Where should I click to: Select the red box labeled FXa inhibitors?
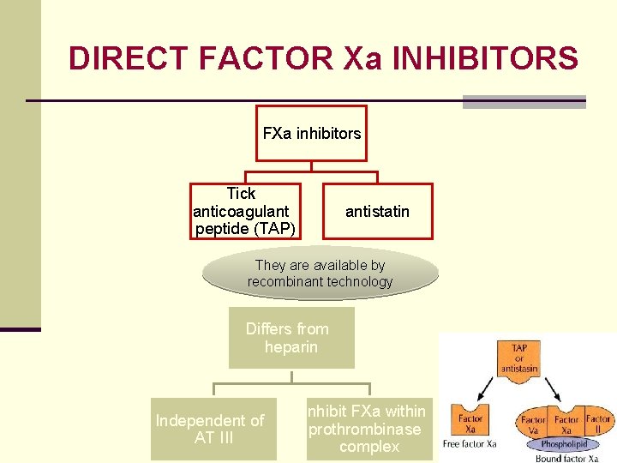coord(311,134)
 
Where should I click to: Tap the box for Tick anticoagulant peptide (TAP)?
coord(246,211)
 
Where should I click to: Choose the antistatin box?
coord(377,211)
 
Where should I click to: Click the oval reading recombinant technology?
coord(320,274)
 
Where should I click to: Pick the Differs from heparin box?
coord(291,338)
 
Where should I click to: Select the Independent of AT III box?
coord(213,429)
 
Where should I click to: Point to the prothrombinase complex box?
coord(369,429)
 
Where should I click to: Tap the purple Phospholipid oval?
coord(565,444)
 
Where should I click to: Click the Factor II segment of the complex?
coord(598,424)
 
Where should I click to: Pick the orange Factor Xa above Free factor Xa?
coord(470,423)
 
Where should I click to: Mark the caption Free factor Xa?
coord(470,444)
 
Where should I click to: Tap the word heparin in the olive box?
coord(291,347)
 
